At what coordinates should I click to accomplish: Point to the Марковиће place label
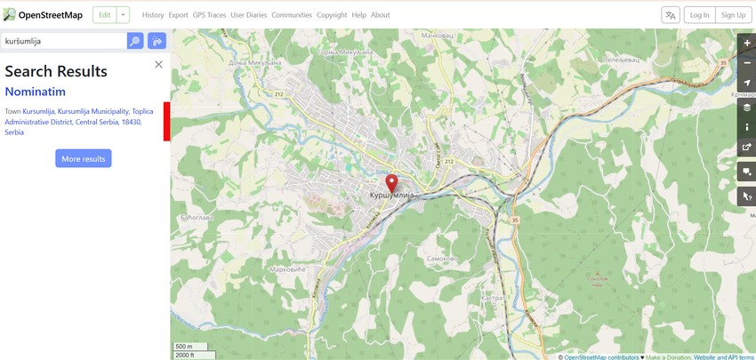287,268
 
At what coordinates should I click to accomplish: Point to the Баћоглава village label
192,216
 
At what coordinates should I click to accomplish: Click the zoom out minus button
746,63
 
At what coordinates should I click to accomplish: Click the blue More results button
84,158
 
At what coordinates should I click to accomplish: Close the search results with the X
158,64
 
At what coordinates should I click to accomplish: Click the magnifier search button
135,41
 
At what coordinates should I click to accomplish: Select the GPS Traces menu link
209,15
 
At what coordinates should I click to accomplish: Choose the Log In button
700,15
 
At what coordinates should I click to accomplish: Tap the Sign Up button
734,15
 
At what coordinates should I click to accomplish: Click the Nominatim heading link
36,92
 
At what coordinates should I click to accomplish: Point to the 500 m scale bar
189,347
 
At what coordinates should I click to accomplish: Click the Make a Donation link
668,356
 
